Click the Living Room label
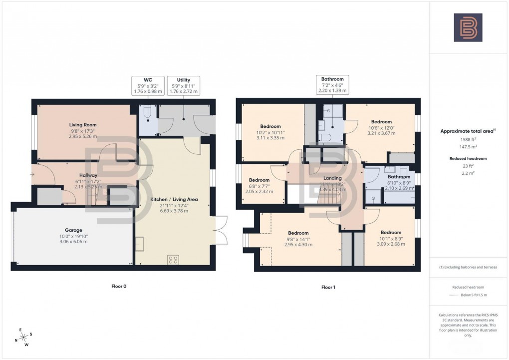point(83,125)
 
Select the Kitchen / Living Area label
point(174,199)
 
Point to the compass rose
point(23,338)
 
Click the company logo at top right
point(468,27)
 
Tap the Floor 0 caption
point(119,287)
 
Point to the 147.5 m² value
point(468,147)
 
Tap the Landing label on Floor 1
point(332,178)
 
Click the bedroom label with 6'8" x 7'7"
point(259,180)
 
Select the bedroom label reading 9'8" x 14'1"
point(298,233)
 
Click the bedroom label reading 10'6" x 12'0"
point(380,122)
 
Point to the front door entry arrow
point(32,175)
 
